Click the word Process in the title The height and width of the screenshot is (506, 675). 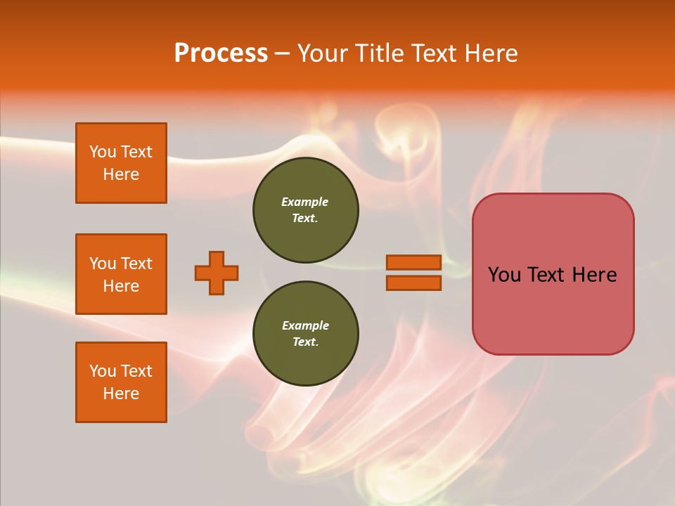[221, 53]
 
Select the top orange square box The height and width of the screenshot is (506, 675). [121, 163]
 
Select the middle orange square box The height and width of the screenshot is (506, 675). [121, 274]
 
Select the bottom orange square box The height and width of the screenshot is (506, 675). [121, 382]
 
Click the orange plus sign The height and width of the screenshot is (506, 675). [217, 273]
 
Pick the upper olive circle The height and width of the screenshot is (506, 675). [306, 210]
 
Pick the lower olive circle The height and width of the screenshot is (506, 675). [306, 334]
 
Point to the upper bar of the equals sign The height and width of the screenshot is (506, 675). [413, 262]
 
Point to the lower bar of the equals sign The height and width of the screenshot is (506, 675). [413, 283]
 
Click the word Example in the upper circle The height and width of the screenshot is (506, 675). [304, 202]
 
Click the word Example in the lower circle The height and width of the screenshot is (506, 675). [305, 325]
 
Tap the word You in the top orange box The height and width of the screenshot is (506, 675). [102, 152]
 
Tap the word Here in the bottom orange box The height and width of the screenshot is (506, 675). [121, 394]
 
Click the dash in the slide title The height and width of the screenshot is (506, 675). [282, 53]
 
